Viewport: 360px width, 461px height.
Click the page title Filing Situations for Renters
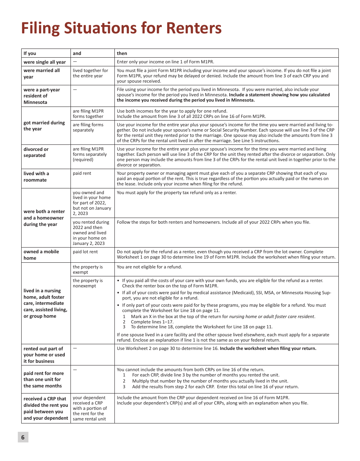121,28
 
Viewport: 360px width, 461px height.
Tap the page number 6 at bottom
23,437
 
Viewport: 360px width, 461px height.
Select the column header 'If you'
30,53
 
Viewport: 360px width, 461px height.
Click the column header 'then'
122,53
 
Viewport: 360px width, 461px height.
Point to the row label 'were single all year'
45,62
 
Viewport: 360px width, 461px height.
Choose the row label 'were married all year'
42,74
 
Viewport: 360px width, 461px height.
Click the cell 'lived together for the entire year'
90,73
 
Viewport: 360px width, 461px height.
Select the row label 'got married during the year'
44,126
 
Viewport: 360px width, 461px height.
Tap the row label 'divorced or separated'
36,152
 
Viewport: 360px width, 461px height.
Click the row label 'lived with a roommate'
36,177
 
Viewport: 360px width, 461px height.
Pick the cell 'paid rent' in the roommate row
82,174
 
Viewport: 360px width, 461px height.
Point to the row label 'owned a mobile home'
41,255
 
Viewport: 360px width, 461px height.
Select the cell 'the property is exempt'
88,270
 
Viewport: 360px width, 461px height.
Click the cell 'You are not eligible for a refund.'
149,267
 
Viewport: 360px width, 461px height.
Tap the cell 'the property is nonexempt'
88,283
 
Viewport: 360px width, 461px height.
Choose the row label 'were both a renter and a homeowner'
44,218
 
